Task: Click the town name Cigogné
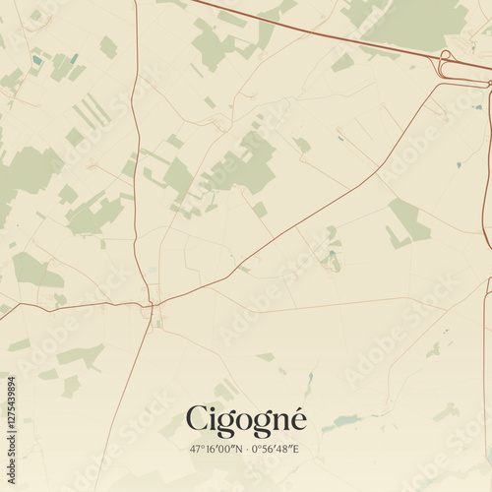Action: (x=246, y=421)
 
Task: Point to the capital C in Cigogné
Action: (x=197, y=420)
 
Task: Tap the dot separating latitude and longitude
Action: (x=244, y=449)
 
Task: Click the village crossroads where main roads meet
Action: (x=154, y=305)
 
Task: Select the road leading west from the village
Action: (x=69, y=307)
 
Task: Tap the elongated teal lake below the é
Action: (x=344, y=422)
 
